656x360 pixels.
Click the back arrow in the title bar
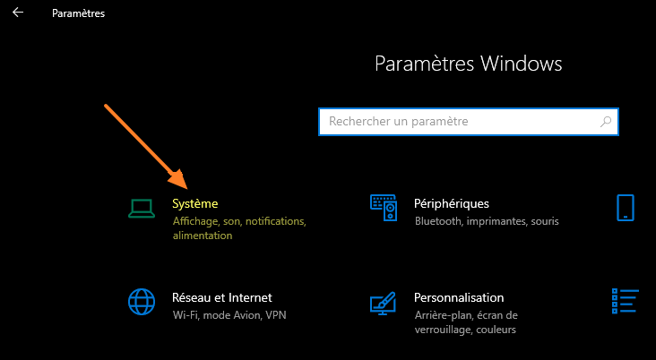pyautogui.click(x=18, y=13)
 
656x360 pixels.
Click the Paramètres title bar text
pyautogui.click(x=79, y=14)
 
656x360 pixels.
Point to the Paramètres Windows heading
pyautogui.click(x=468, y=64)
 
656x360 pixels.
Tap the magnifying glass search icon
pyautogui.click(x=607, y=121)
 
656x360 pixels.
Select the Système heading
pyautogui.click(x=194, y=204)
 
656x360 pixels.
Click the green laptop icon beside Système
pyautogui.click(x=141, y=208)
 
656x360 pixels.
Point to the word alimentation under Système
pyautogui.click(x=203, y=236)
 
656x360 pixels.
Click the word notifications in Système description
pyautogui.click(x=275, y=220)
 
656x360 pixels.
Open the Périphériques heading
pyautogui.click(x=451, y=204)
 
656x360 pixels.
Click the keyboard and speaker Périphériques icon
pyautogui.click(x=384, y=208)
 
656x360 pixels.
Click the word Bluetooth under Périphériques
pyautogui.click(x=436, y=220)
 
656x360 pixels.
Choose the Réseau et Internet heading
pyautogui.click(x=221, y=297)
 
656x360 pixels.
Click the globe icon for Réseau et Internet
pyautogui.click(x=141, y=301)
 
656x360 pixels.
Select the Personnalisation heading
pyautogui.click(x=459, y=297)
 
